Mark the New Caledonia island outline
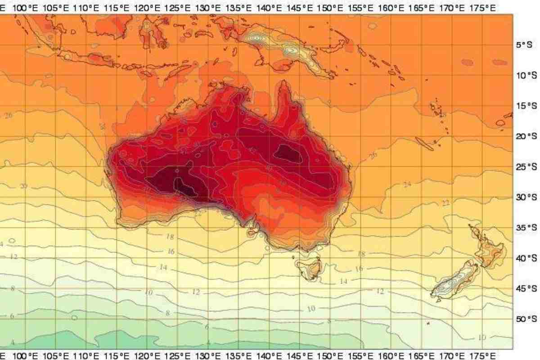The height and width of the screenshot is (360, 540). coord(425,143)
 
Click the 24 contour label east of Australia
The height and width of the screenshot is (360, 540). coord(407,184)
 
